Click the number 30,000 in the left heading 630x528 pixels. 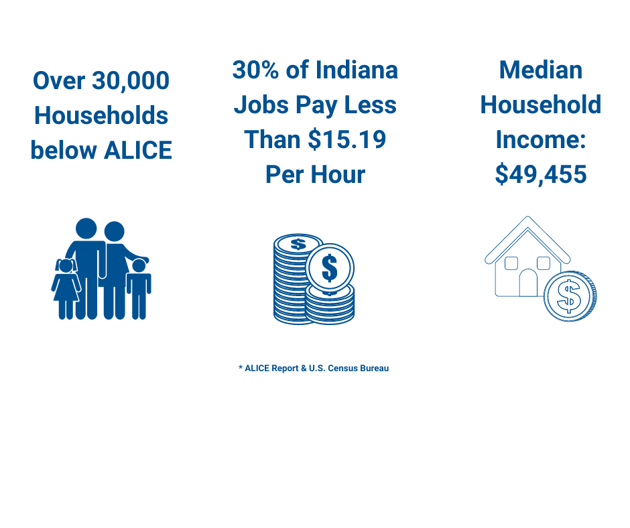coord(131,82)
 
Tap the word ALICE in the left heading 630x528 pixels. coord(138,150)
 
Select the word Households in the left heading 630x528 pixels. coord(101,115)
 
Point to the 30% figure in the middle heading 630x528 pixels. coord(255,70)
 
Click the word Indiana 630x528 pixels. coord(357,70)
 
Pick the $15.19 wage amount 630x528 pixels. coord(347,140)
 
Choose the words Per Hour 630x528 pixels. coord(316,174)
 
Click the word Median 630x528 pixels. coord(541,70)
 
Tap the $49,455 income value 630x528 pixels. coord(541,174)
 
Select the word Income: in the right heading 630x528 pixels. coord(541,139)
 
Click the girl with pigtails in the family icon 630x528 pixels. coord(66,289)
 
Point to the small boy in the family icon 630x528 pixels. coord(139,289)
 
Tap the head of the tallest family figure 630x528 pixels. coord(86,228)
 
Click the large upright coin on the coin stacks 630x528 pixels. coord(330,268)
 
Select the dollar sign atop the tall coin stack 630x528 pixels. coord(298,244)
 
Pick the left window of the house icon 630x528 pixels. coord(511,263)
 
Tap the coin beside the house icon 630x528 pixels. coord(570,296)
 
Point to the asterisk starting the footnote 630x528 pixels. coord(241,367)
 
